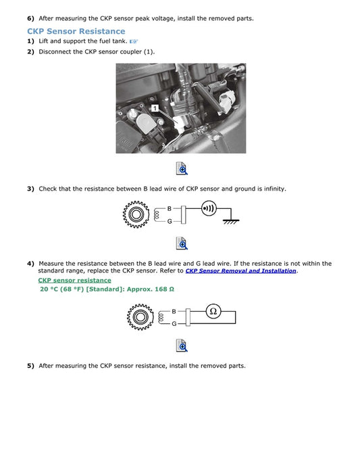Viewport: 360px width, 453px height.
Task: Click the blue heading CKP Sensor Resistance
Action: pos(76,31)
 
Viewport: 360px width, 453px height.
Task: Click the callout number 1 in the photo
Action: pos(155,108)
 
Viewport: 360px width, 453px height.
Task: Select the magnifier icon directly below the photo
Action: pos(181,168)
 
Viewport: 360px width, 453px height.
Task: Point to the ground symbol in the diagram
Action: pos(231,220)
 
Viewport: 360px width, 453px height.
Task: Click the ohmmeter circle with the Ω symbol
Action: pos(213,312)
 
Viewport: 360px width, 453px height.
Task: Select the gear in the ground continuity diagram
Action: pos(136,215)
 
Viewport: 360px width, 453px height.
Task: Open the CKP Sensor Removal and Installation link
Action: pos(240,271)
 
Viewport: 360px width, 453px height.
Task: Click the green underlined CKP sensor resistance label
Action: pos(74,280)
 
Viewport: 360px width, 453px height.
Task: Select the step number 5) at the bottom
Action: pos(30,366)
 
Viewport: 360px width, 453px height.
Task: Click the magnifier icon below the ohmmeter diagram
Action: pos(181,345)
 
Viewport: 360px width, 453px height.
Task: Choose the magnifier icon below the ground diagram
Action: pos(181,243)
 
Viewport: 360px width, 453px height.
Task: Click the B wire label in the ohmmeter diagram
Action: pos(174,311)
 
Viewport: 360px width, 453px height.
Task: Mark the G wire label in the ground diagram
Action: pos(170,222)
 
